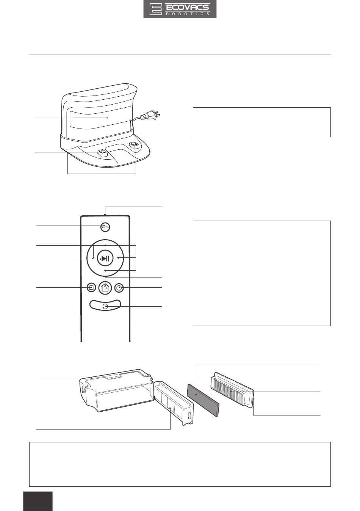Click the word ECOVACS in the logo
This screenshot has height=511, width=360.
187,7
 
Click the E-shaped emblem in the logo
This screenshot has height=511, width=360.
156,9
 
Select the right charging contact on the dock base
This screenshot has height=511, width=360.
134,145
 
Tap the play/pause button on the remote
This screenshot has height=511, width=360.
105,259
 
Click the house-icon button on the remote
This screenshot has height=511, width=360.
105,288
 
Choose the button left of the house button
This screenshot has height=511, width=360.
91,288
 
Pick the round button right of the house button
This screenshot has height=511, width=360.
119,288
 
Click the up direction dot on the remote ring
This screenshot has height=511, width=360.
105,246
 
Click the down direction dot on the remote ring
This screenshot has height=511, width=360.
105,270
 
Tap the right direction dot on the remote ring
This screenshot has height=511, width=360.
118,258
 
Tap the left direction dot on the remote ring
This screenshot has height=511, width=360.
94,258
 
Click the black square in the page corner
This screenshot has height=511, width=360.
38,501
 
